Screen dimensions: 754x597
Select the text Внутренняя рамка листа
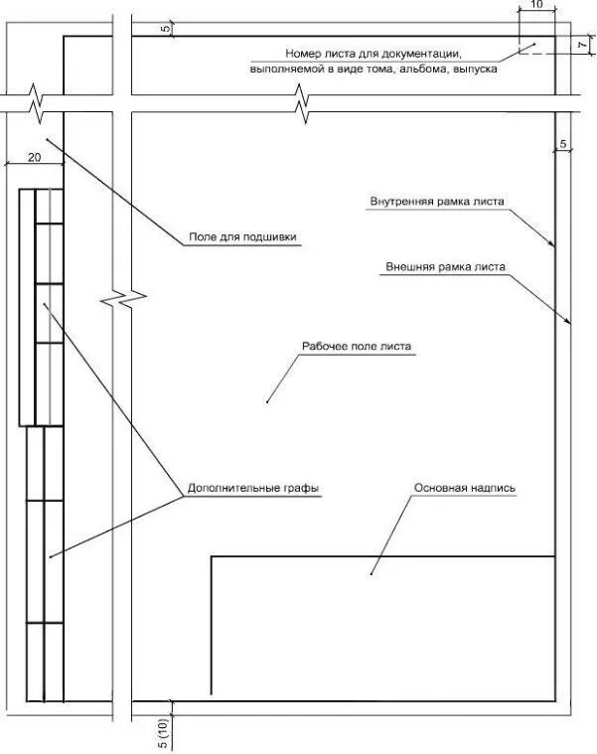[x=437, y=201]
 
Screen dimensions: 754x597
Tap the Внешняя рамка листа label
[x=445, y=266]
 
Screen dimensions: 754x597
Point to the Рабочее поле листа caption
[x=356, y=348]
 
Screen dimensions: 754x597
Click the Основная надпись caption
[x=465, y=489]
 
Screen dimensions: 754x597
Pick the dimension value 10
[x=537, y=5]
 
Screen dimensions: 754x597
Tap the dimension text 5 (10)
[x=162, y=730]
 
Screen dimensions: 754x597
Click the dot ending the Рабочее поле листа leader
[x=268, y=401]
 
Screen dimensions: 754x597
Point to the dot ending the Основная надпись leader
[x=372, y=573]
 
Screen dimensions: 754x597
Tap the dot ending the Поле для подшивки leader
[x=46, y=140]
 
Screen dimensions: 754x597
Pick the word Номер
[x=303, y=53]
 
